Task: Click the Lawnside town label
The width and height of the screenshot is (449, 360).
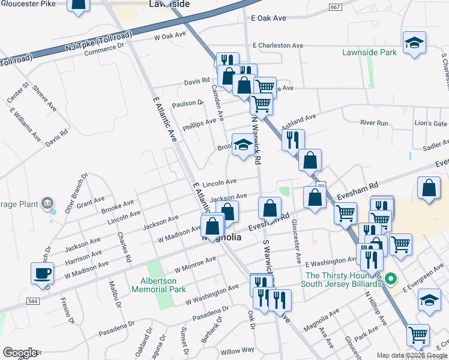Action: point(169,4)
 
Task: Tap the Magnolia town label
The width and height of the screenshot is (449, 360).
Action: point(222,238)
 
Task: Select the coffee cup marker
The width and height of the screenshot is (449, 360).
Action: point(42,274)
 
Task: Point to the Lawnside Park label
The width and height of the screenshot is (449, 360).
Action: point(369,52)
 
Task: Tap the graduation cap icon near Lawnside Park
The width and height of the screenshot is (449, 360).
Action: point(414,43)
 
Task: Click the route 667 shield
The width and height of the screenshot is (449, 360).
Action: point(336,7)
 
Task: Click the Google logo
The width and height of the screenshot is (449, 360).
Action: point(19,353)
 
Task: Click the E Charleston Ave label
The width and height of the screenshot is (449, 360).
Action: point(278,46)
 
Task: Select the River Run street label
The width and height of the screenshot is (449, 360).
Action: point(374,123)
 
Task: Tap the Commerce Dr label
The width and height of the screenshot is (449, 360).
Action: point(104,49)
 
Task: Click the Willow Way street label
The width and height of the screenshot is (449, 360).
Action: point(237,350)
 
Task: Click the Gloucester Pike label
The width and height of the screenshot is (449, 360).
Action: point(31,5)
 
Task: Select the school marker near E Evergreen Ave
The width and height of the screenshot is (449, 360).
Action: point(429,300)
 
